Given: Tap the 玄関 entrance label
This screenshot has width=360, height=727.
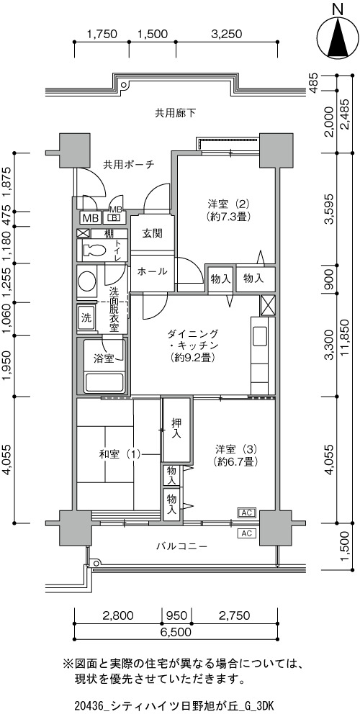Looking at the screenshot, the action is tap(152, 233).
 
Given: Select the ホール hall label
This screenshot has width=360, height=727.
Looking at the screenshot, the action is tap(152, 271).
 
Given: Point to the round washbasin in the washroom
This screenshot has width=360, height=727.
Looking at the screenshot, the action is tap(86, 281).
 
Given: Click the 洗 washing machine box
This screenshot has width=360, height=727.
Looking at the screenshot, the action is tap(86, 318).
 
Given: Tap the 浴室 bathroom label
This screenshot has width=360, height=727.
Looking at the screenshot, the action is tap(104, 358).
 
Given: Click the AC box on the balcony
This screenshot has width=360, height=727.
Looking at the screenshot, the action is tap(247, 533).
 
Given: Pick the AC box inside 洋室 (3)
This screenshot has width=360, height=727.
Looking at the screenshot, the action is tap(247, 512).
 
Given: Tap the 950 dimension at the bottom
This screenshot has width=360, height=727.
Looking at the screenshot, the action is tap(176, 615).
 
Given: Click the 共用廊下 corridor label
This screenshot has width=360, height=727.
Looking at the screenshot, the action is tap(175, 113).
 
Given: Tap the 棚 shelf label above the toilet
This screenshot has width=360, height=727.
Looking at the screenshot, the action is tap(109, 233).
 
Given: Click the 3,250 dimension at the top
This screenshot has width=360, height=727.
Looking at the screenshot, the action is tap(227, 34).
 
